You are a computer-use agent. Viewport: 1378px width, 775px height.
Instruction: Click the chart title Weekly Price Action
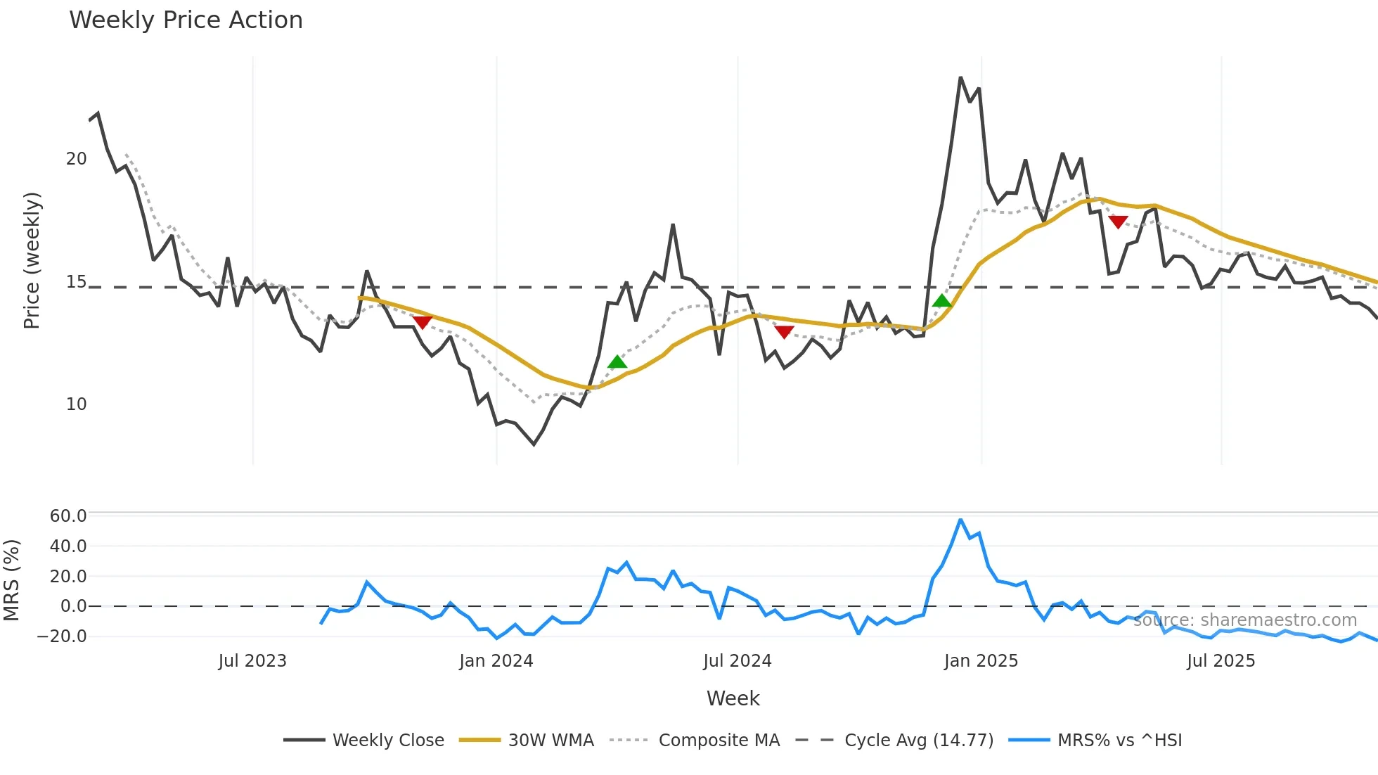coord(186,20)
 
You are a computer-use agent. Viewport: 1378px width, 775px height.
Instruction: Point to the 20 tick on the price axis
coord(76,159)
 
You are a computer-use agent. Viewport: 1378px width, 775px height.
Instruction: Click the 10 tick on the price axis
coord(76,404)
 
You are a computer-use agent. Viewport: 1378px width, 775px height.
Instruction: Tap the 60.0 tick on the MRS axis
coord(68,516)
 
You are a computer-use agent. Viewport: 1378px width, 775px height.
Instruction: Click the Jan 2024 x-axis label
coord(496,661)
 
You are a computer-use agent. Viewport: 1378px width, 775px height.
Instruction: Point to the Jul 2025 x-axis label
coord(1221,661)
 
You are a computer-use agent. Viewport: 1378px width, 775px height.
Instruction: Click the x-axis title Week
coord(733,698)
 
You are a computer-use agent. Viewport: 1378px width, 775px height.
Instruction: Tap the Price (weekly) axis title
coord(32,260)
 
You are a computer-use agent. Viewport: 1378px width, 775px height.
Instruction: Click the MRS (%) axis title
coord(12,580)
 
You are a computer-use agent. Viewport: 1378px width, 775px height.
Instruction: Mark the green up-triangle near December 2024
coord(941,301)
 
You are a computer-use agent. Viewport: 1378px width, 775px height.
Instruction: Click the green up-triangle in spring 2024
coord(617,362)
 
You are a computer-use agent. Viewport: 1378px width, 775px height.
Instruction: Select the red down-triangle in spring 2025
coord(1118,222)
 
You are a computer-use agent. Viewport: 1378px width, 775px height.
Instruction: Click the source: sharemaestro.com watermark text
coord(1245,620)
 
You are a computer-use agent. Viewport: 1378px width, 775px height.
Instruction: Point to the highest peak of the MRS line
coord(960,520)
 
